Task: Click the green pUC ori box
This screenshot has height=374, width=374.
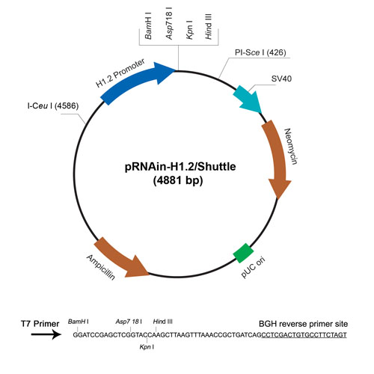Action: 243,253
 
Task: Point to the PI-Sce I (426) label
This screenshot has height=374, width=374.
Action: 260,52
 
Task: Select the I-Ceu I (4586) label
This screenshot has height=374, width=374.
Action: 53,106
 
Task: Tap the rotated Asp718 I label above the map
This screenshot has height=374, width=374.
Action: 169,23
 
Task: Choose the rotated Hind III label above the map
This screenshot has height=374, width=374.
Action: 208,26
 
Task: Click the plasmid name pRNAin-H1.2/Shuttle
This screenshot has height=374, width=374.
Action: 180,167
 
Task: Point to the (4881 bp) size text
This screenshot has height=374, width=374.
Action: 178,180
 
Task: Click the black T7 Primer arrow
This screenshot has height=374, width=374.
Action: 46,334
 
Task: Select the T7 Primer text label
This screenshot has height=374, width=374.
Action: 40,324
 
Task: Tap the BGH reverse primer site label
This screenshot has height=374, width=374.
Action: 303,324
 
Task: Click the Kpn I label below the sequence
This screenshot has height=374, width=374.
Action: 147,347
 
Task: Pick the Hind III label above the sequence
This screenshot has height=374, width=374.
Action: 163,322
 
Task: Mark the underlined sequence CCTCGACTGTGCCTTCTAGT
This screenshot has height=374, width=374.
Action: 304,335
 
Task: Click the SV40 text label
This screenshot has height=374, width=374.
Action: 281,79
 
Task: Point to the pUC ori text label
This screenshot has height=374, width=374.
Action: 253,267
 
